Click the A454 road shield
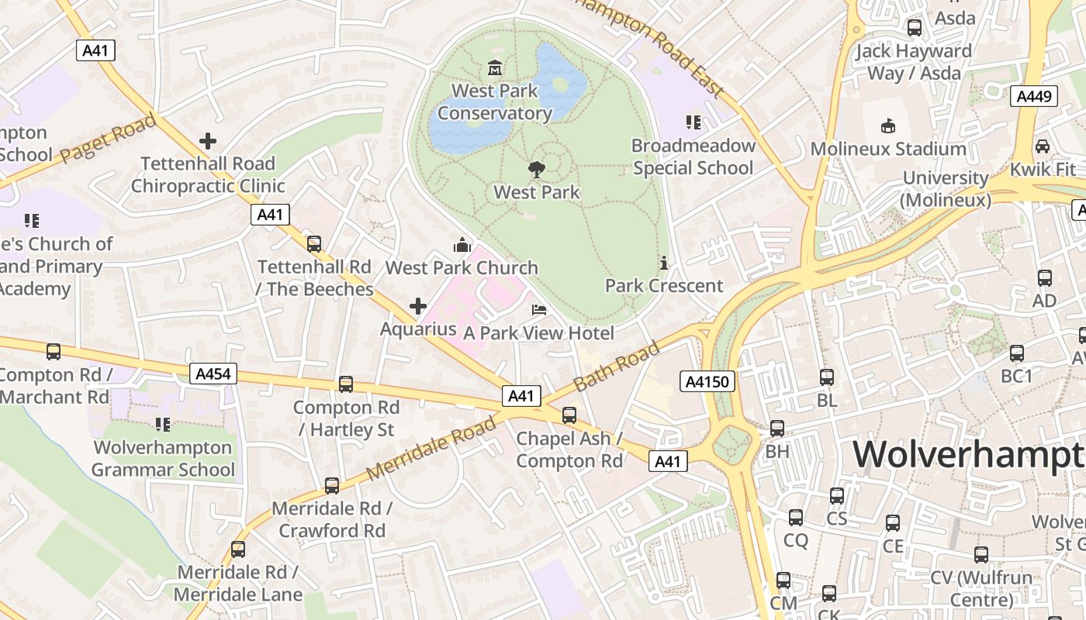coord(213,374)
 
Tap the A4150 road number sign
coord(707,381)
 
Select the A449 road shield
coord(1034,96)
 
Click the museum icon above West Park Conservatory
coord(494,68)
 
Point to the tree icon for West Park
coord(536,170)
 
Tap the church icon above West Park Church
coord(462,246)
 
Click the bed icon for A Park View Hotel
coord(539,311)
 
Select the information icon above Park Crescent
coord(662,263)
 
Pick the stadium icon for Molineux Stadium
coord(887,126)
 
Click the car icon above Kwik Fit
coord(1043,146)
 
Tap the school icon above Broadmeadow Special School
coord(693,122)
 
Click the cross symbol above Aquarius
coord(418,306)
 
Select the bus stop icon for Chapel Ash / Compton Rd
coord(569,415)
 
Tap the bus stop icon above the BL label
coord(827,377)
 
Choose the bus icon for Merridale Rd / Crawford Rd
coord(332,486)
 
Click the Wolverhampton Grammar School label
coord(163,459)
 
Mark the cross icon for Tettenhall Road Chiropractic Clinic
coord(207,141)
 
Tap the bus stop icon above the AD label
coord(1045,278)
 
